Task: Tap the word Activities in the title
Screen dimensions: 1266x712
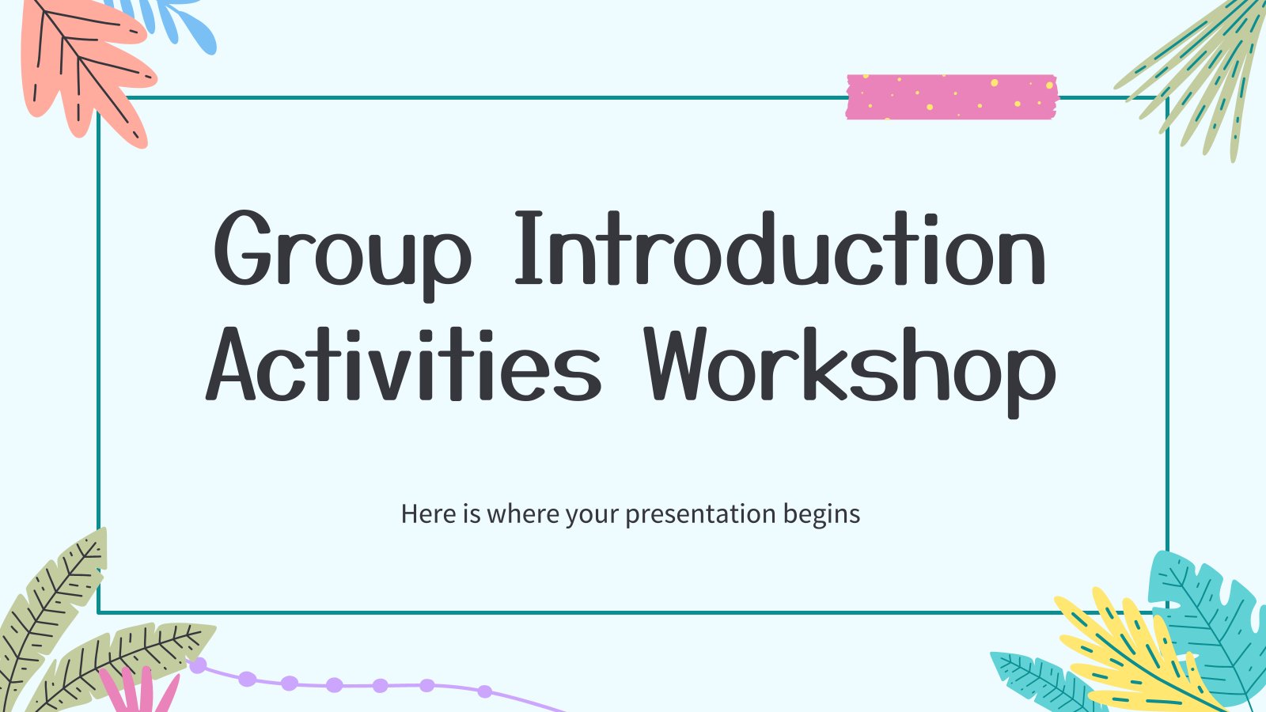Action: point(403,364)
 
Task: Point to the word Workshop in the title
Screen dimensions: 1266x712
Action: point(851,372)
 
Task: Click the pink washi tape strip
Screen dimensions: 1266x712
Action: point(952,97)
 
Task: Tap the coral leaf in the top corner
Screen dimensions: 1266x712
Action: point(85,68)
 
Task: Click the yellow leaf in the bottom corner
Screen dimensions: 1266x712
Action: point(1136,656)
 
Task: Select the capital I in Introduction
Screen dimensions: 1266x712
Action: point(529,248)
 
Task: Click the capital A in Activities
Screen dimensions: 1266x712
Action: point(230,365)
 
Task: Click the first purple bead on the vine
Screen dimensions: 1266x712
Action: point(198,665)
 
